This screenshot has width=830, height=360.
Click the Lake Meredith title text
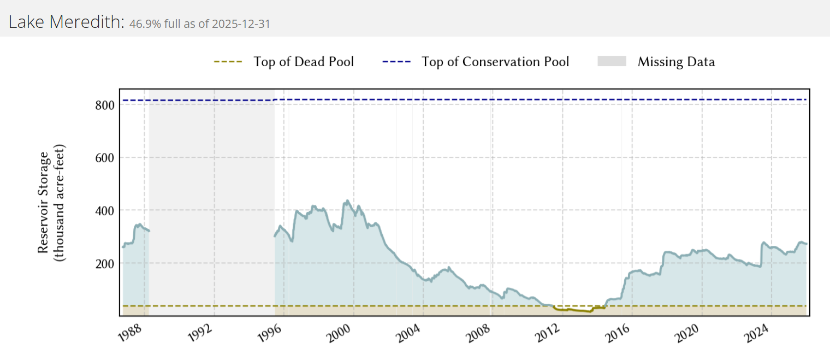pos(67,22)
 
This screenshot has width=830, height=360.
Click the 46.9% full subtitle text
pos(200,24)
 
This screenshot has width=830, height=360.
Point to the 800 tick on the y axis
pos(105,104)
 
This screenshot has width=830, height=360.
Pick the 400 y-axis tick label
pos(105,210)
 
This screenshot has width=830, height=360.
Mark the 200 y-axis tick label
pos(105,263)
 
